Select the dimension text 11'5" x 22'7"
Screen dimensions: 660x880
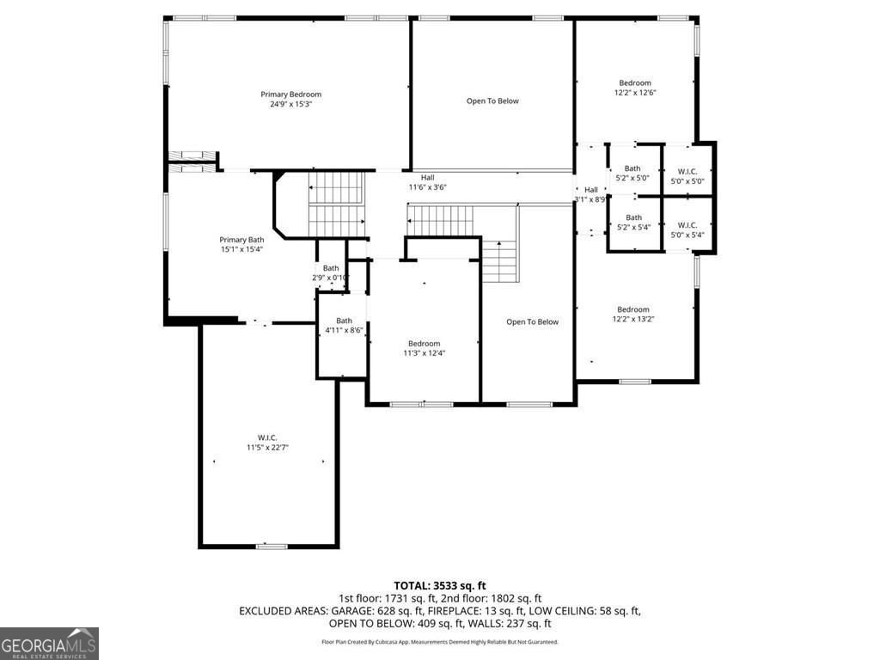tap(266, 448)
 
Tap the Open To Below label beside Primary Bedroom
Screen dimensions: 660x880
tap(492, 101)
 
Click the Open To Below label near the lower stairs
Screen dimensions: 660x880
tap(532, 322)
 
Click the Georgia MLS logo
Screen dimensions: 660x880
tap(49, 644)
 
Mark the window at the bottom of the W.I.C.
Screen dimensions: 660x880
tap(272, 546)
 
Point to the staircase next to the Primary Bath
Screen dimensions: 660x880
tap(336, 203)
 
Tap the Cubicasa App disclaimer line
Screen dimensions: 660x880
tap(440, 642)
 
